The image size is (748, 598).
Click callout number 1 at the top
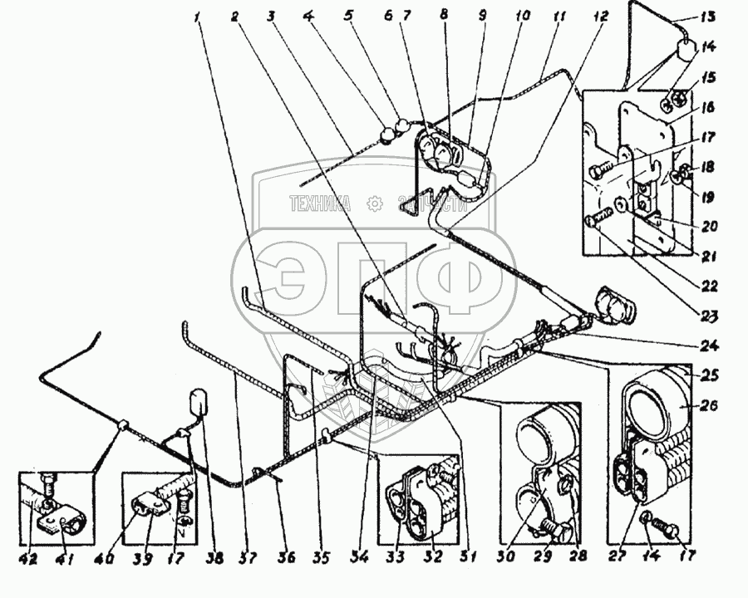tap(199, 15)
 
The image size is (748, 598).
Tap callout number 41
tap(62, 558)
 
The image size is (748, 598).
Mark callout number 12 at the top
tap(600, 16)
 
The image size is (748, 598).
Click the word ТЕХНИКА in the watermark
tap(320, 203)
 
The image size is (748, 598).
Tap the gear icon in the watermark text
tap(375, 203)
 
